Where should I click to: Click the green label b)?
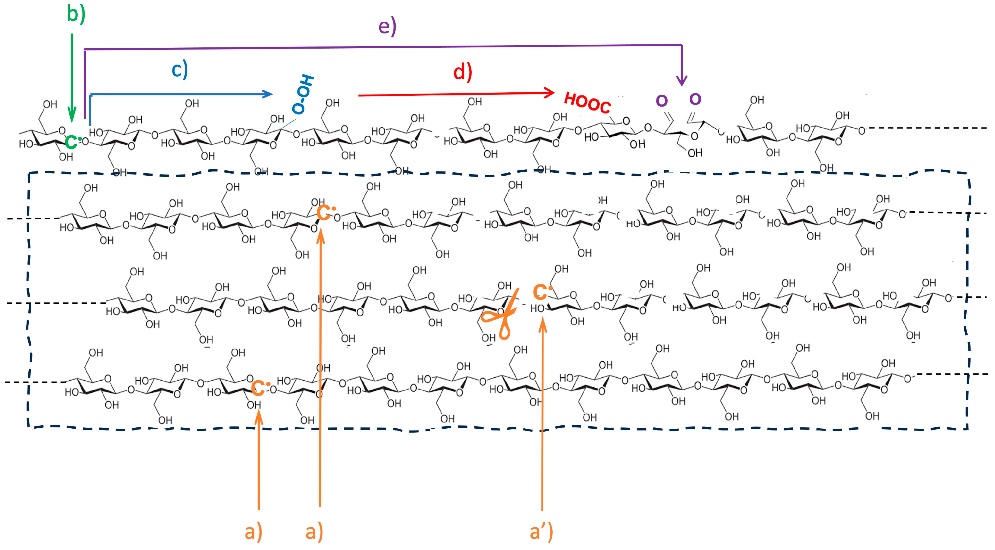76,14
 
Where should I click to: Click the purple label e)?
387,27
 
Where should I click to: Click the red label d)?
462,72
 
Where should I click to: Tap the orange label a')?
541,532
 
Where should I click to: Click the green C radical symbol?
72,142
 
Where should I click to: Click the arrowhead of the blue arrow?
268,94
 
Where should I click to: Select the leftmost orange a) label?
254,532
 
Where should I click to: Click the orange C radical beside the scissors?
541,291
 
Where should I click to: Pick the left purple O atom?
662,101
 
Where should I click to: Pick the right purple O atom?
695,99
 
